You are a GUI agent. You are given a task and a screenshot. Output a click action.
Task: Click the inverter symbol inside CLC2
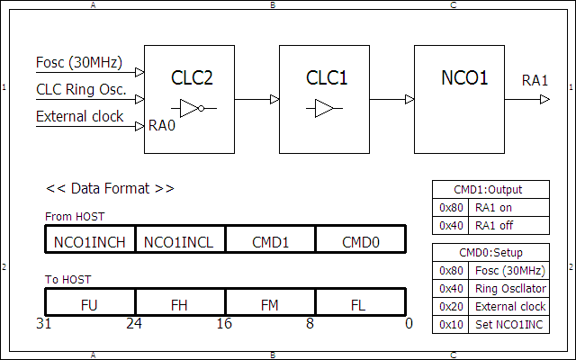pyautogui.click(x=192, y=109)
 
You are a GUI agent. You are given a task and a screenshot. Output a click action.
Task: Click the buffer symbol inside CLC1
pyautogui.click(x=325, y=109)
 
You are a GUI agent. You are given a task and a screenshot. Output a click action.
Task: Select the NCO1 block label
pyautogui.click(x=464, y=78)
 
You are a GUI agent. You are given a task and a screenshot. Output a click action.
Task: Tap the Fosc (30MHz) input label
pyautogui.click(x=80, y=63)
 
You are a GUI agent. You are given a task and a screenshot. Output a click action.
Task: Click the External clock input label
pyautogui.click(x=80, y=116)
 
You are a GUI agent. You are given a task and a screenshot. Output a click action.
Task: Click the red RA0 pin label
pyautogui.click(x=161, y=125)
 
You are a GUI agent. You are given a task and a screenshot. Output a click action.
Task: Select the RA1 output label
pyautogui.click(x=535, y=81)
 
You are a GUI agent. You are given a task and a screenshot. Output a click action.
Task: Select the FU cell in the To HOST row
pyautogui.click(x=90, y=304)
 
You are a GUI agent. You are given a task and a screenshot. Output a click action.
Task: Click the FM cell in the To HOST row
pyautogui.click(x=270, y=304)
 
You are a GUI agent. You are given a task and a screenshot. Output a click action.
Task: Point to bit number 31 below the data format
pyautogui.click(x=42, y=323)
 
